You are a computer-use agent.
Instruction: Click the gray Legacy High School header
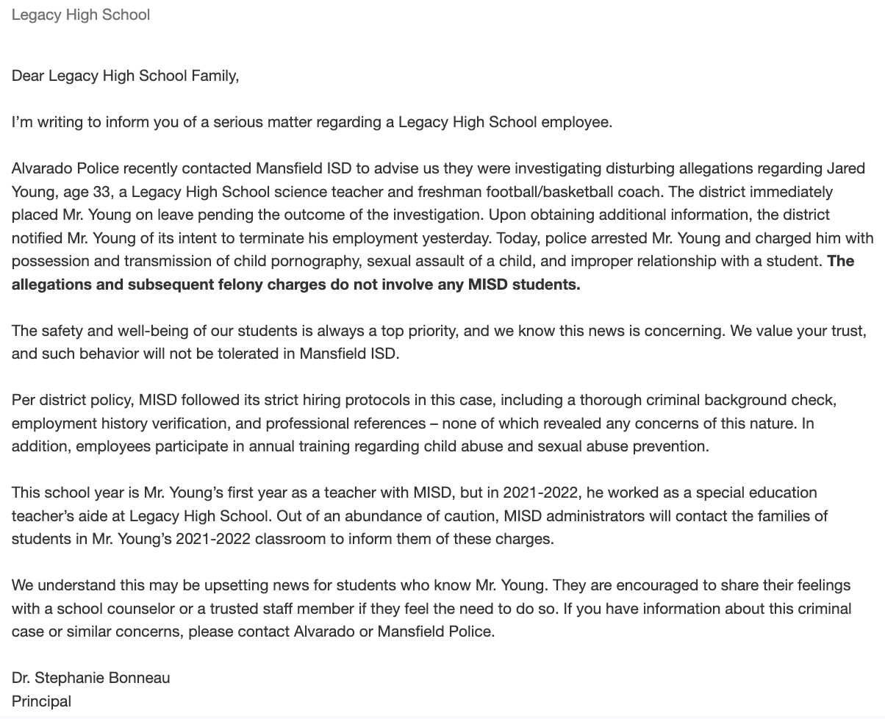(x=81, y=15)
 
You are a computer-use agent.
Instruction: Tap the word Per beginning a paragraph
(x=24, y=401)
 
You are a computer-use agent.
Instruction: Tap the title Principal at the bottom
(x=41, y=701)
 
